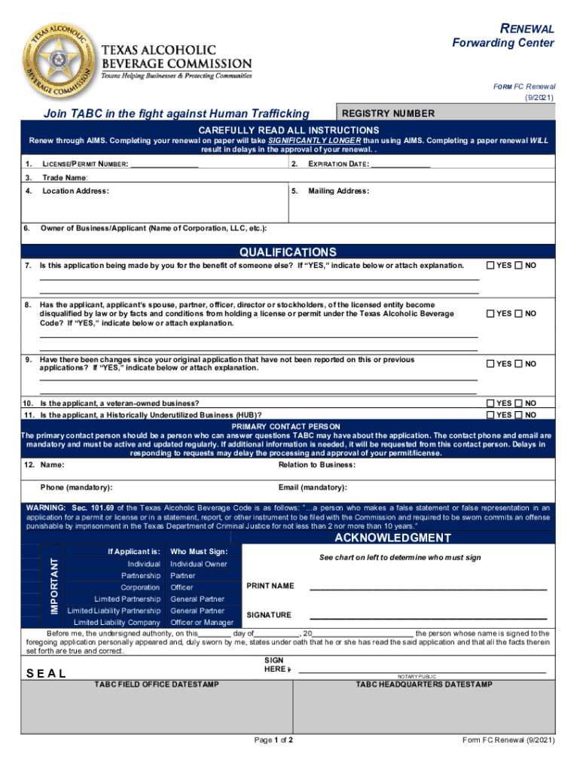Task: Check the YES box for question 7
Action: coord(490,266)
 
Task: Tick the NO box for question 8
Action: coord(518,313)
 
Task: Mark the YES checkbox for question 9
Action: coord(490,364)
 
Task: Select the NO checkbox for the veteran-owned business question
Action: coord(518,404)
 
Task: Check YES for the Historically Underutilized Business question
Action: coord(490,415)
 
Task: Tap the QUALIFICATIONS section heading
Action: coord(288,252)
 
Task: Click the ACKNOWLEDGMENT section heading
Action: coord(392,538)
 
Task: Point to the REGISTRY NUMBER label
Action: coord(388,114)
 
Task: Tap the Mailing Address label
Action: coord(338,191)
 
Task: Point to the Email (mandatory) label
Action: coord(313,487)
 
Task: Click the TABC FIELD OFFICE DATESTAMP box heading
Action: coord(156,684)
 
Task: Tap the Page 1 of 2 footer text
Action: coord(273,740)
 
